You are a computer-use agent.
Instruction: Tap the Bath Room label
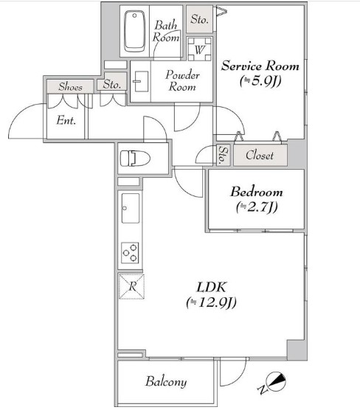[x=167, y=31]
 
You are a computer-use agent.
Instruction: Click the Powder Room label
[x=181, y=80]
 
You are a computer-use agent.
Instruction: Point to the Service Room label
[x=260, y=66]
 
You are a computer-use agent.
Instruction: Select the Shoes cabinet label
[x=70, y=86]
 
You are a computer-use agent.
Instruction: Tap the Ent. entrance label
[x=66, y=121]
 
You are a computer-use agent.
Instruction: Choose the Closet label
[x=259, y=156]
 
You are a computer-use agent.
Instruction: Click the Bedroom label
[x=256, y=192]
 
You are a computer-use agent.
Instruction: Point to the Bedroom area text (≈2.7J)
[x=256, y=207]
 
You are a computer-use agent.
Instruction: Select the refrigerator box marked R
[x=131, y=286]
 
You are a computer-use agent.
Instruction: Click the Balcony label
[x=165, y=382]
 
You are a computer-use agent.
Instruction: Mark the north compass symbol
[x=275, y=382]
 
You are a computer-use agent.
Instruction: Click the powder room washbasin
[x=142, y=80]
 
